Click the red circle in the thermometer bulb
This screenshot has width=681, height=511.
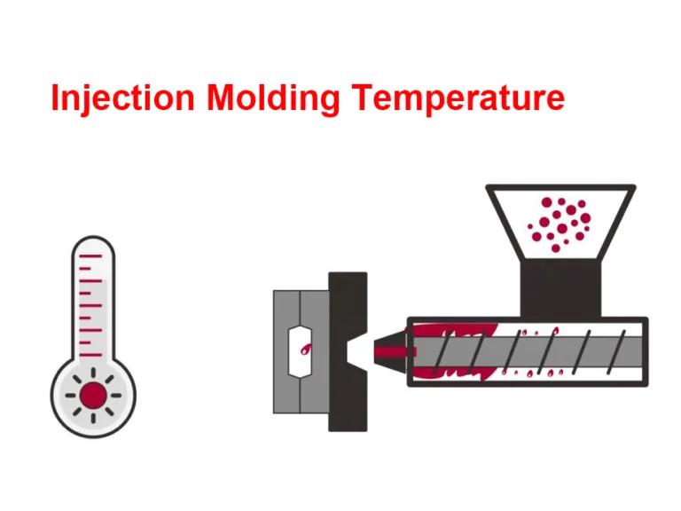[92, 395]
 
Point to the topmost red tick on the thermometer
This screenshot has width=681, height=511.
[92, 257]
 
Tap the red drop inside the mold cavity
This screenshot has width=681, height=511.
[304, 350]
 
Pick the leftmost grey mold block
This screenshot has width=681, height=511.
[286, 350]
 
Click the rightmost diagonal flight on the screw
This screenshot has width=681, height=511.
[622, 350]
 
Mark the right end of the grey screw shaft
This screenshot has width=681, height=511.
[637, 350]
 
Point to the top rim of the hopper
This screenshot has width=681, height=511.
[560, 188]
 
